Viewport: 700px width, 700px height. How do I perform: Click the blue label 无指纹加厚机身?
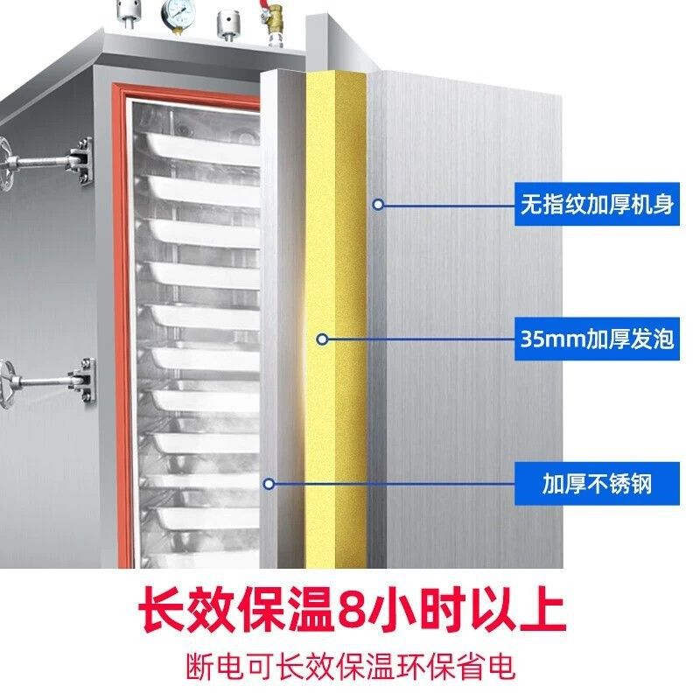click(597, 204)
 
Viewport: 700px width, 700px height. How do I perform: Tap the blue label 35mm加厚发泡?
click(597, 339)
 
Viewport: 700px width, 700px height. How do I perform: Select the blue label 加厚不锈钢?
click(597, 484)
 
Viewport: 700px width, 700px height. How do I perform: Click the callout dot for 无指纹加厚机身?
click(378, 205)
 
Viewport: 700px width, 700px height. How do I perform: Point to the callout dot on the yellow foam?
click(322, 339)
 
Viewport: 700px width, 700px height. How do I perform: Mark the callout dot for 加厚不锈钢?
click(269, 484)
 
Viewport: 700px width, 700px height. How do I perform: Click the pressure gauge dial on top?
click(178, 12)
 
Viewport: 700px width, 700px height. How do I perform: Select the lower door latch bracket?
click(83, 381)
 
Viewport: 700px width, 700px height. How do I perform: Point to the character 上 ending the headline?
click(542, 608)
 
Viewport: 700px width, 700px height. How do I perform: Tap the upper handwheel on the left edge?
click(6, 164)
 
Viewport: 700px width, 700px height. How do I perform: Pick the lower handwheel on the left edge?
click(6, 384)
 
